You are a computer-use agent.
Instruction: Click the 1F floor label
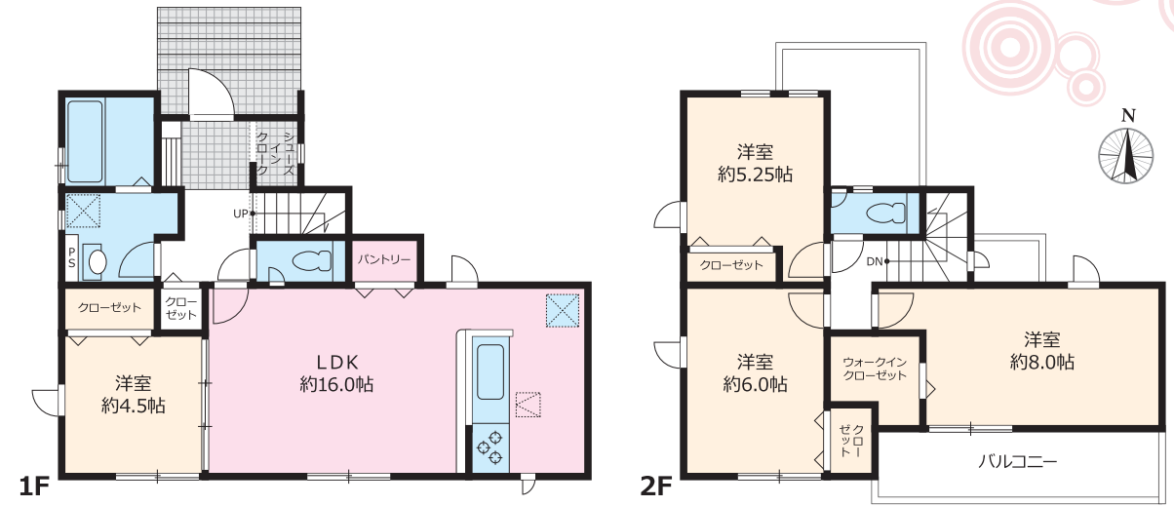33,487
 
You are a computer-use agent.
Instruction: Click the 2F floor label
655,487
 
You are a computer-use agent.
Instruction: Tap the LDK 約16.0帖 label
337,373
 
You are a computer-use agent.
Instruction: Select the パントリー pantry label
384,259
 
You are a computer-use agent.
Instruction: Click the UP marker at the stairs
241,214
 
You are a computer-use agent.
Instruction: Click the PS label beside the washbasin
72,258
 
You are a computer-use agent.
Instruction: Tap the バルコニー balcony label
1017,461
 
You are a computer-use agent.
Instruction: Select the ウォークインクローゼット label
875,369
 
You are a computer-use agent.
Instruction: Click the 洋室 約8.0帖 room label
1042,351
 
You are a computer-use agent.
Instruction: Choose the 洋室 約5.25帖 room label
755,164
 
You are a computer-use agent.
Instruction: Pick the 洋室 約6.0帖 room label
756,373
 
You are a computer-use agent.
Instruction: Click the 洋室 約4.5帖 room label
134,395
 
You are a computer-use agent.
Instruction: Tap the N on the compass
1128,116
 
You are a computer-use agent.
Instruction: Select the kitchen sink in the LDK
490,371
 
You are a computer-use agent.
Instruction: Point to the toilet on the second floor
885,214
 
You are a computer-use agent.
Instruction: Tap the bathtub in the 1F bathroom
85,141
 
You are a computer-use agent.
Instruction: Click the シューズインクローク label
275,153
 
